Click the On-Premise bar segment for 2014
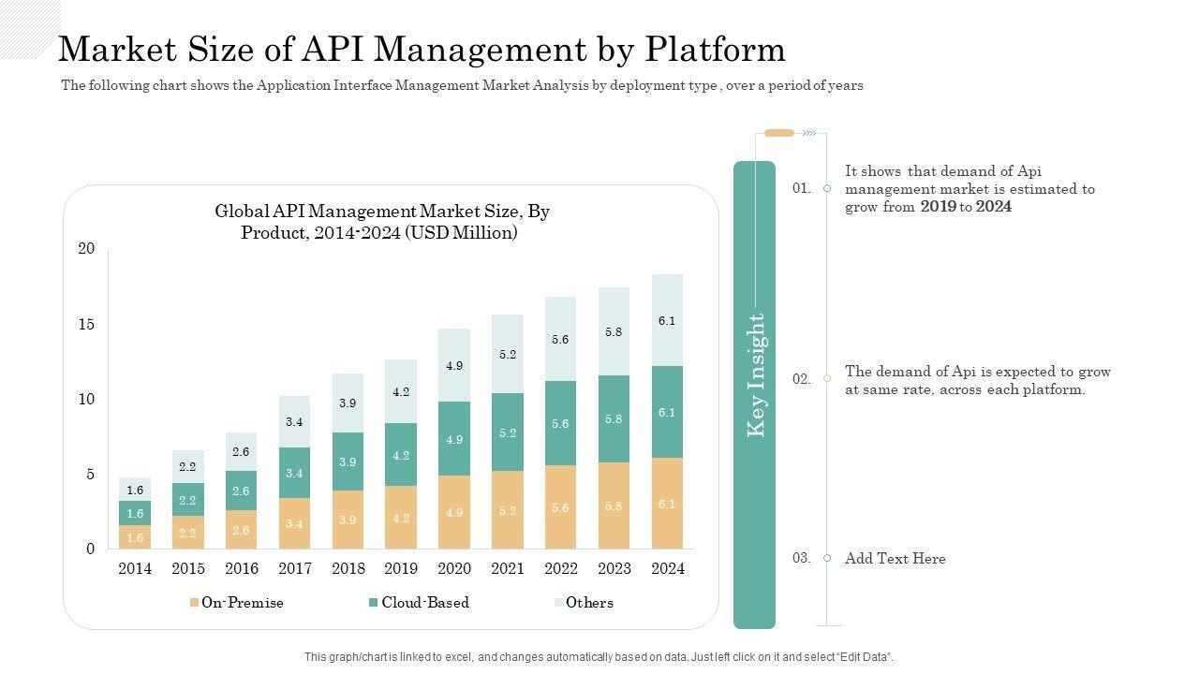coord(135,536)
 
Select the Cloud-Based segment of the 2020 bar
coord(454,438)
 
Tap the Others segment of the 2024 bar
coord(667,320)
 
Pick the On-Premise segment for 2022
coord(560,506)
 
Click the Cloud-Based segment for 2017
coord(294,473)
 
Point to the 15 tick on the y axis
coord(86,324)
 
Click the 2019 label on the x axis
coord(401,568)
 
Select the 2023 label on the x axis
coord(614,568)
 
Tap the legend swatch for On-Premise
coord(194,603)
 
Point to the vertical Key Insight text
coord(756,374)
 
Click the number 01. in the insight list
coord(801,188)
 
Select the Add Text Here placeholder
coord(895,559)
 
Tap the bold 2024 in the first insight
coord(994,207)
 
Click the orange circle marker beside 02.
coord(827,378)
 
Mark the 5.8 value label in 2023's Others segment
coord(614,331)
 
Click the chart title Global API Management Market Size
coord(381,212)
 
